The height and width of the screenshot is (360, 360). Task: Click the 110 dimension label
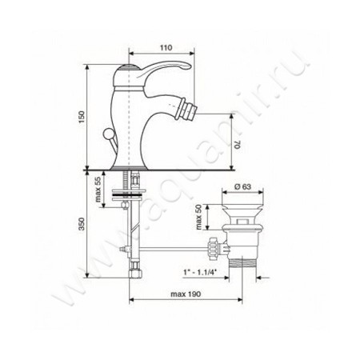(x=166, y=48)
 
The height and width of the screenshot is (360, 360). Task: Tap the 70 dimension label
(x=238, y=144)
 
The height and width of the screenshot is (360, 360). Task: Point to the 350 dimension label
(x=82, y=224)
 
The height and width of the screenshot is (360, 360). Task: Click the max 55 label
(x=98, y=190)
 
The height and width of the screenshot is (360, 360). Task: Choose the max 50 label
(x=199, y=218)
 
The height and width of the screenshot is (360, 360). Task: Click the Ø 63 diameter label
(x=242, y=186)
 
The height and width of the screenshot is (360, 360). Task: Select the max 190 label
(x=186, y=294)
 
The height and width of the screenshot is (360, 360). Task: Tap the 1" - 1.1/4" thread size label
(x=200, y=272)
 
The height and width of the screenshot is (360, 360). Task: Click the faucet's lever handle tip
(x=188, y=66)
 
